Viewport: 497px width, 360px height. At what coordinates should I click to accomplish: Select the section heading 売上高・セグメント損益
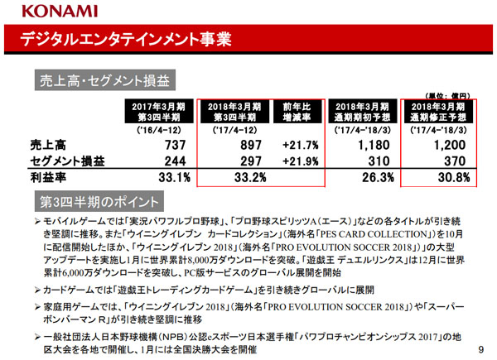point(104,80)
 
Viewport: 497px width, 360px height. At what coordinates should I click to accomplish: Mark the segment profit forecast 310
point(369,160)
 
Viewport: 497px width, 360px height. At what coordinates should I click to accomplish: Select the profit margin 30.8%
point(445,177)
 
